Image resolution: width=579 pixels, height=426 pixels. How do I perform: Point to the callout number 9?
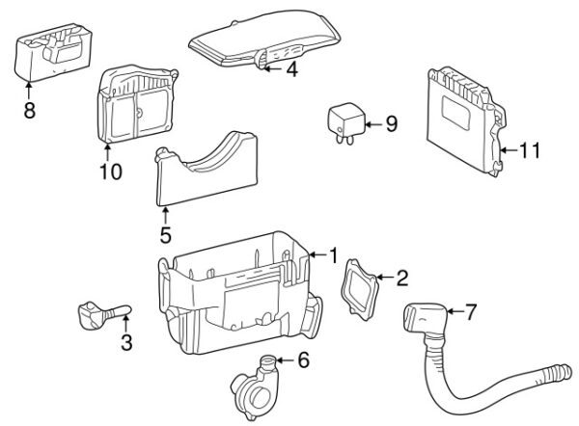point(391,123)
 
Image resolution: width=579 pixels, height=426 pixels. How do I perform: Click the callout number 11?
point(529,150)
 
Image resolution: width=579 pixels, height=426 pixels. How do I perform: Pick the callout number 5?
point(165,234)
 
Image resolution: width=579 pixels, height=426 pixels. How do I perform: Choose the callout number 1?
point(333,255)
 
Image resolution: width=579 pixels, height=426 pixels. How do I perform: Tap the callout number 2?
point(401,280)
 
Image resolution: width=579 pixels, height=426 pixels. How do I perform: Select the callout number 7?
point(470,311)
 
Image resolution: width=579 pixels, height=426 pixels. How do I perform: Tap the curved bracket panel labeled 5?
point(207,173)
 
